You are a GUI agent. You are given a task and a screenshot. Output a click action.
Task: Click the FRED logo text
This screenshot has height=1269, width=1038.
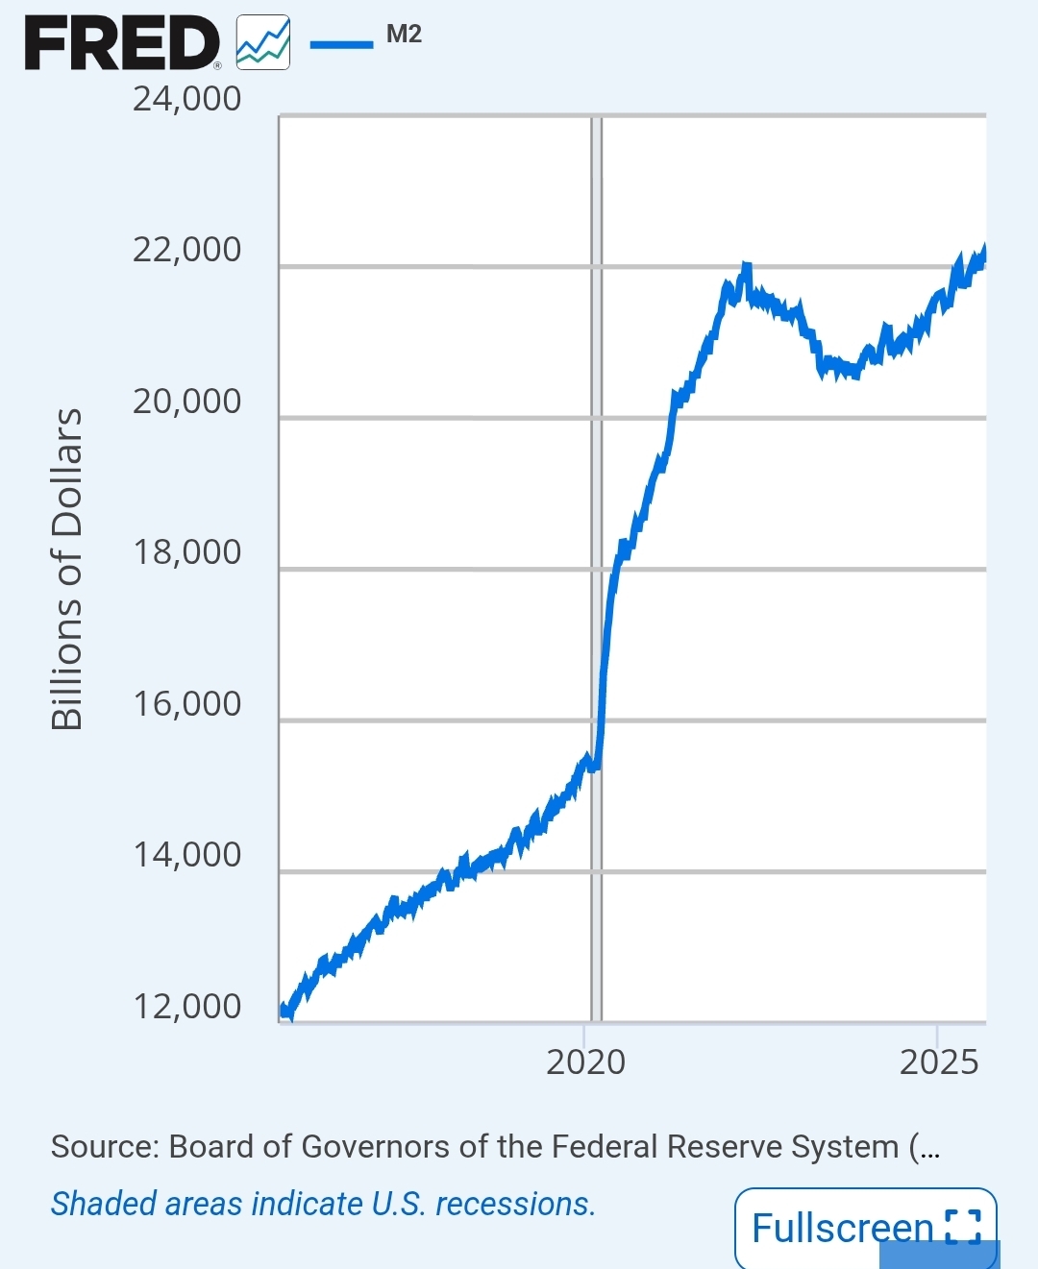point(122,44)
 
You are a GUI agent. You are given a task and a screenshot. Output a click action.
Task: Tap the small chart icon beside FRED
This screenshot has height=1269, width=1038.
point(263,43)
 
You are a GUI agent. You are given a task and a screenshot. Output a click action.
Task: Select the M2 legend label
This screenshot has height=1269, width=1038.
point(404,35)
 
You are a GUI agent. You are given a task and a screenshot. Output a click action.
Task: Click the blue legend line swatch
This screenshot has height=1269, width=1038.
point(341,43)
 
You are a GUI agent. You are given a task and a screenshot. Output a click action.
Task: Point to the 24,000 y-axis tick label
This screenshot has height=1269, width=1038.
point(186,99)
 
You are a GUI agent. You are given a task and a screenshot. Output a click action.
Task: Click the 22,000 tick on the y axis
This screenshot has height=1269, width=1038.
point(186,250)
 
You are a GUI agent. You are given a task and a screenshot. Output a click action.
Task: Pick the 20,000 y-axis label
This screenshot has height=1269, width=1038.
point(186,402)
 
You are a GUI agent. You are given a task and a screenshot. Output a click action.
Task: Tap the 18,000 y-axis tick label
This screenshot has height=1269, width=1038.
point(186,552)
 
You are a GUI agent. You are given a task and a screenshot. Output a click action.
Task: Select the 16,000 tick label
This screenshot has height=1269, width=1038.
point(186,704)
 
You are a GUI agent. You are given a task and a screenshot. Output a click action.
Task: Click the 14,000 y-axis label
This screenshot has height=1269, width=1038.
point(186,855)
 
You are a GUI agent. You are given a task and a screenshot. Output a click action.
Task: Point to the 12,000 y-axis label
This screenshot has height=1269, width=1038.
point(186,1007)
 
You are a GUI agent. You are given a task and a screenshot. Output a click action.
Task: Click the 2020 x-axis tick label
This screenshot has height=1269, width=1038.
point(585,1062)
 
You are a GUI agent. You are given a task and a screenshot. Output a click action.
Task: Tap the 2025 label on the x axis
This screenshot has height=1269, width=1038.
point(939,1062)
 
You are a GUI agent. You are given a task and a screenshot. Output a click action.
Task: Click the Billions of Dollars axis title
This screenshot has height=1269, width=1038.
point(67,569)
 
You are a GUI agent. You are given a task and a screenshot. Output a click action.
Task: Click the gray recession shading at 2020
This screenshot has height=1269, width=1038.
point(596,480)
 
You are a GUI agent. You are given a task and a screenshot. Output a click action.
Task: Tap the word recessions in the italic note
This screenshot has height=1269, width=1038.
point(515,1204)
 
